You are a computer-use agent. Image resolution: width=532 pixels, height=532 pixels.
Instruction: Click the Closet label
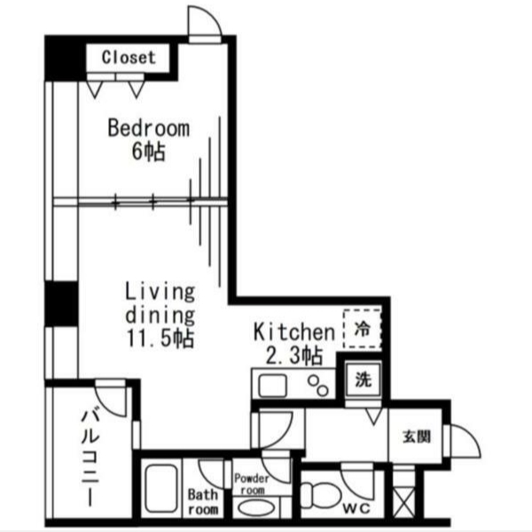[129, 58]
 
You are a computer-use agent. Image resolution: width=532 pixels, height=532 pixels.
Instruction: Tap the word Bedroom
[149, 129]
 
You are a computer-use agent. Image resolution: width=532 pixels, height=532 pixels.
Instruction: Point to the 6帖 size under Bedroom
[149, 152]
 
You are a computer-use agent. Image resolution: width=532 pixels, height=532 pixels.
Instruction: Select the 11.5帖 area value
[160, 339]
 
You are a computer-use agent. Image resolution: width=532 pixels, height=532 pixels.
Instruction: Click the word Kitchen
[294, 332]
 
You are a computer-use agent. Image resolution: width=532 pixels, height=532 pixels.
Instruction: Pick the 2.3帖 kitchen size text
[293, 356]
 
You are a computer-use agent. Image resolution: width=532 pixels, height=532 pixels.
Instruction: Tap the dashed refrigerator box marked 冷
[362, 328]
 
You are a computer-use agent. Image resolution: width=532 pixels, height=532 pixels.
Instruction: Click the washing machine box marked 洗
[363, 379]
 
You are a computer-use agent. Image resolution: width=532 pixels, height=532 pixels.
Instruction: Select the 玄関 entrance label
[417, 436]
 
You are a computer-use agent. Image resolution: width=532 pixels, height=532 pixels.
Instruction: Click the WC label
[356, 509]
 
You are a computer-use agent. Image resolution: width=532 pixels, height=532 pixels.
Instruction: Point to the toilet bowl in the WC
[321, 496]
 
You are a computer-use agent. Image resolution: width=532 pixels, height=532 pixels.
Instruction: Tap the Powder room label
[252, 484]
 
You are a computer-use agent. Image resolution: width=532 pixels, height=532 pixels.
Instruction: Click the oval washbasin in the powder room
[257, 509]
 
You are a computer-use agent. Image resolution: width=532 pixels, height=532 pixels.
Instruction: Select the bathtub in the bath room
[161, 489]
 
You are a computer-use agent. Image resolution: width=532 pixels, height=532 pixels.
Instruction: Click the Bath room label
[203, 502]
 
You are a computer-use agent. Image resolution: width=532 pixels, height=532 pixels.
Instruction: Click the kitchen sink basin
[272, 386]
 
